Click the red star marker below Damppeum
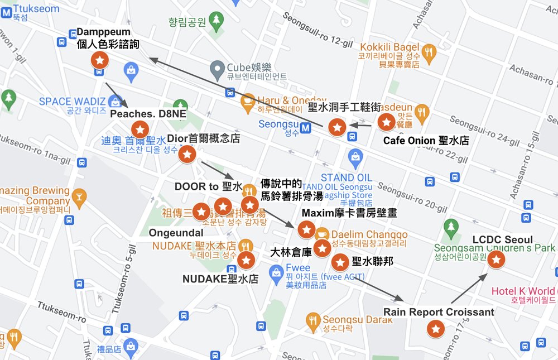click(99, 60)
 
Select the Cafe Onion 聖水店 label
click(426, 141)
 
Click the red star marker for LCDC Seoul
click(496, 259)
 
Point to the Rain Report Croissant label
click(439, 312)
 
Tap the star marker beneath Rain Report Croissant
click(435, 329)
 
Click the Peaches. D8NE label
click(147, 114)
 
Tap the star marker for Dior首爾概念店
click(187, 155)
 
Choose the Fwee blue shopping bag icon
click(276, 272)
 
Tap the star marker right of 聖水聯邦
click(339, 262)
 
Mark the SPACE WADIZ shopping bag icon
click(116, 102)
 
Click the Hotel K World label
click(523, 291)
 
